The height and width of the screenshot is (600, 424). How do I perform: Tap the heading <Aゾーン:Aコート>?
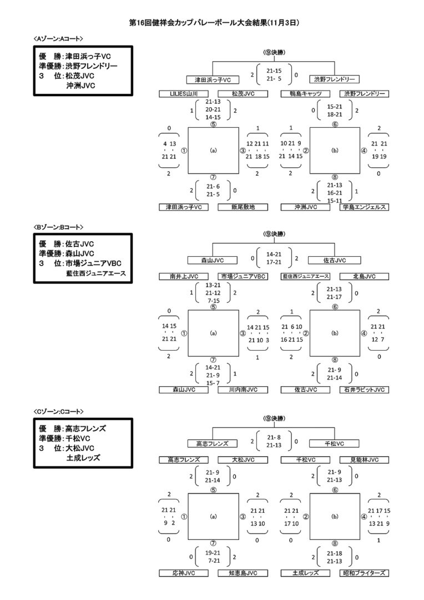tap(58, 38)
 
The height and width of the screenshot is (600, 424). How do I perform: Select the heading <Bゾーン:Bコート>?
tap(58, 227)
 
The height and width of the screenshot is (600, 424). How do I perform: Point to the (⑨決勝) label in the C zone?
tap(273, 418)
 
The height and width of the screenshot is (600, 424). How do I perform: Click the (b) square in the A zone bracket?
tap(334, 150)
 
